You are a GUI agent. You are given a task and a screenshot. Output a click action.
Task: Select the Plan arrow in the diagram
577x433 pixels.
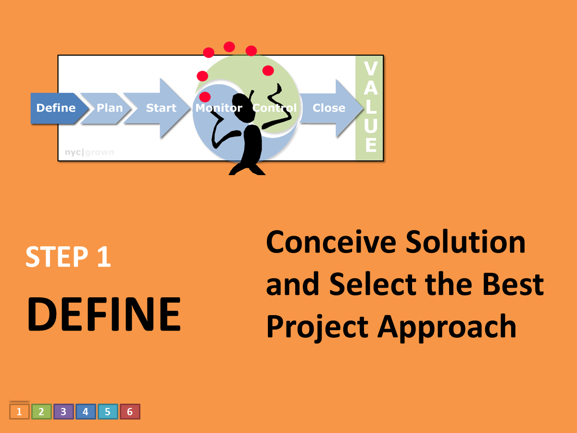[x=109, y=108]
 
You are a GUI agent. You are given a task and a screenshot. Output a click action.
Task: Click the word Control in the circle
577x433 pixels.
[x=275, y=108]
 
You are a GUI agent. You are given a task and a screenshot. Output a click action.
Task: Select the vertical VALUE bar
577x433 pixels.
[x=370, y=108]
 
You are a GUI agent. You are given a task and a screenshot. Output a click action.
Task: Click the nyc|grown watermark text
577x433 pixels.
[x=89, y=153]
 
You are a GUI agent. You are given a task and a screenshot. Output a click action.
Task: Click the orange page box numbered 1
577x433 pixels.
[x=19, y=412]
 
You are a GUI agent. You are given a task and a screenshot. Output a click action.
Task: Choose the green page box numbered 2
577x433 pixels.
[x=41, y=412]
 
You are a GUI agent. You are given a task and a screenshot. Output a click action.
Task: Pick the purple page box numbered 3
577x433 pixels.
[x=63, y=412]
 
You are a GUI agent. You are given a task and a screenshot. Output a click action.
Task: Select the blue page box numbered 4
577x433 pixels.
[x=86, y=412]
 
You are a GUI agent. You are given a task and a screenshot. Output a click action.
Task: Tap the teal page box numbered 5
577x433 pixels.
[x=108, y=412]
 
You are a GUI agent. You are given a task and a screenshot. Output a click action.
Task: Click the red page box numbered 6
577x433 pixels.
[x=130, y=412]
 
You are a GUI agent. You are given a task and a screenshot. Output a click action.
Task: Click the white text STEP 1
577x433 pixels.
[x=68, y=257]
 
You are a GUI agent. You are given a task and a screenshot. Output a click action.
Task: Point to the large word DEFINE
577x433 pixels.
[x=103, y=314]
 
